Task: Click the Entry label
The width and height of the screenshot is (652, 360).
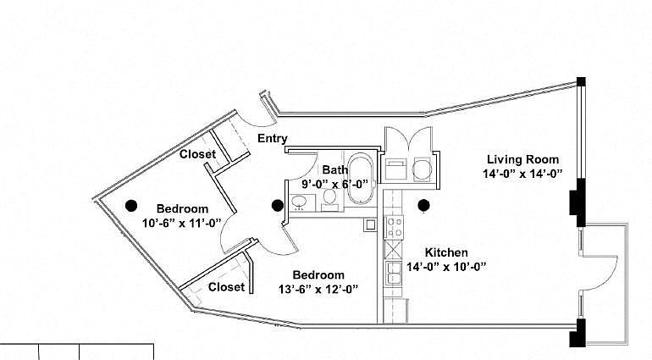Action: click(273, 138)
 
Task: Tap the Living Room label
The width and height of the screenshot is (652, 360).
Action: click(523, 159)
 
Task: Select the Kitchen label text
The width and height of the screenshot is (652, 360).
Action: click(446, 252)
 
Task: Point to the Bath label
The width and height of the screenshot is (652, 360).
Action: click(335, 169)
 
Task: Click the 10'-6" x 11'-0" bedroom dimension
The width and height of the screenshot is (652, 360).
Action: click(181, 224)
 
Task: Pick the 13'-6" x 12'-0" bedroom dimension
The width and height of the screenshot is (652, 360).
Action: click(318, 289)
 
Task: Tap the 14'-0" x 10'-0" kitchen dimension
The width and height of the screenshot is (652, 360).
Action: click(446, 267)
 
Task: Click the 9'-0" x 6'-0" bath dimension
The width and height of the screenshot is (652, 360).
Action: click(335, 184)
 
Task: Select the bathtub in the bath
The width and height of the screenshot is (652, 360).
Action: click(360, 179)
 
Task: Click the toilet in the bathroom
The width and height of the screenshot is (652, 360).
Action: click(330, 197)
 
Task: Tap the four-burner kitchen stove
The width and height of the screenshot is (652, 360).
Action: click(394, 227)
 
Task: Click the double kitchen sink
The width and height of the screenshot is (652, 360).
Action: click(394, 273)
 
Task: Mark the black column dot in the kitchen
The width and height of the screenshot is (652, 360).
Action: click(423, 205)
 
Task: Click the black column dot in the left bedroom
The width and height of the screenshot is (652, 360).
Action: click(131, 205)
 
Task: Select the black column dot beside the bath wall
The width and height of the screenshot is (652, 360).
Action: click(278, 205)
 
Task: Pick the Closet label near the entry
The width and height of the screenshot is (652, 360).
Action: click(197, 154)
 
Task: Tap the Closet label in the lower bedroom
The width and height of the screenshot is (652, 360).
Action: click(226, 287)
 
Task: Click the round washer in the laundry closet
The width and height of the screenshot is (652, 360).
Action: click(422, 169)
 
